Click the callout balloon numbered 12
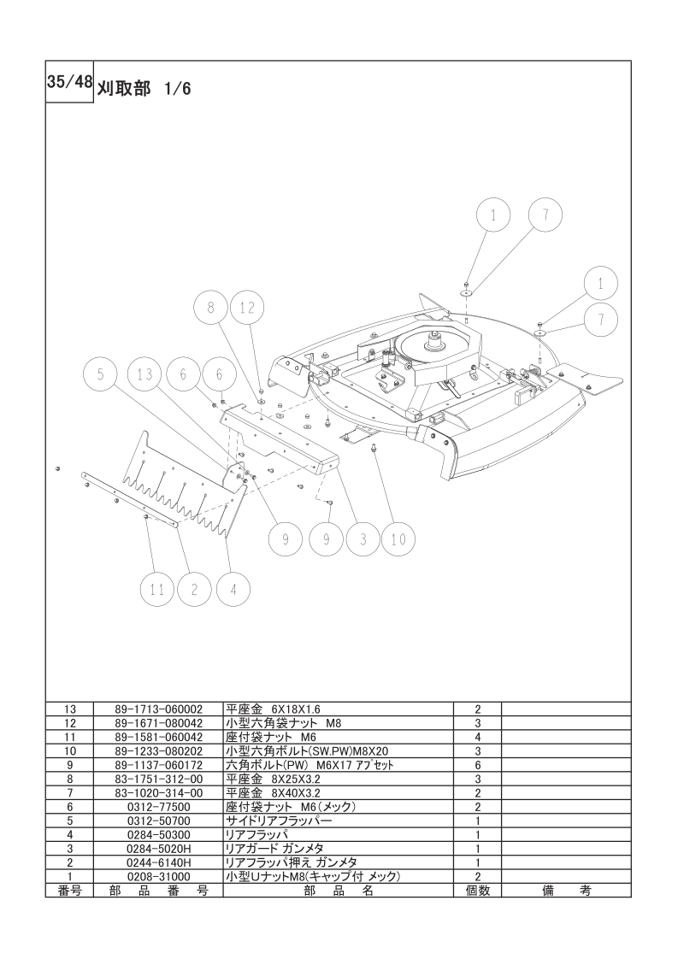pyautogui.click(x=246, y=309)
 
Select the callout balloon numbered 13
pyautogui.click(x=145, y=374)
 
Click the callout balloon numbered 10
pyautogui.click(x=398, y=539)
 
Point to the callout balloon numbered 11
pyautogui.click(x=157, y=591)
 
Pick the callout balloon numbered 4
pyautogui.click(x=233, y=591)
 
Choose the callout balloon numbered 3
pyautogui.click(x=363, y=539)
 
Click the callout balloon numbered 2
pyautogui.click(x=194, y=591)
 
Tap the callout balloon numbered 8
pyautogui.click(x=211, y=309)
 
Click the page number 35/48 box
pyautogui.click(x=69, y=82)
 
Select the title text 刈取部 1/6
pyautogui.click(x=143, y=89)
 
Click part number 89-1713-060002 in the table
pyautogui.click(x=158, y=709)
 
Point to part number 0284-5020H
pyautogui.click(x=158, y=849)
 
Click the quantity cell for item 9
pyautogui.click(x=477, y=765)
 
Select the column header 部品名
pyautogui.click(x=338, y=891)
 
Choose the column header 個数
pyautogui.click(x=477, y=891)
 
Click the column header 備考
pyautogui.click(x=566, y=891)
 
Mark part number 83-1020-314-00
pyautogui.click(x=158, y=793)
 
